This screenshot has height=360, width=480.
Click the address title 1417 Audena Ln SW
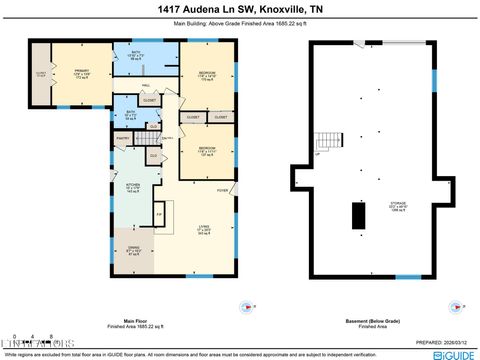(239, 9)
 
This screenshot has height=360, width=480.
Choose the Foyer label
(222, 190)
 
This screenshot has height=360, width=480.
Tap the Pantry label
(122, 138)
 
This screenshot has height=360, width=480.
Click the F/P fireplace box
(158, 215)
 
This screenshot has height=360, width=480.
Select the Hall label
(145, 86)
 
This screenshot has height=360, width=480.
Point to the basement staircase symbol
(327, 143)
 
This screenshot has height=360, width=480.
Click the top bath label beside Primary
(139, 56)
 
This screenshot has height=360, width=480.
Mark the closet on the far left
(42, 75)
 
